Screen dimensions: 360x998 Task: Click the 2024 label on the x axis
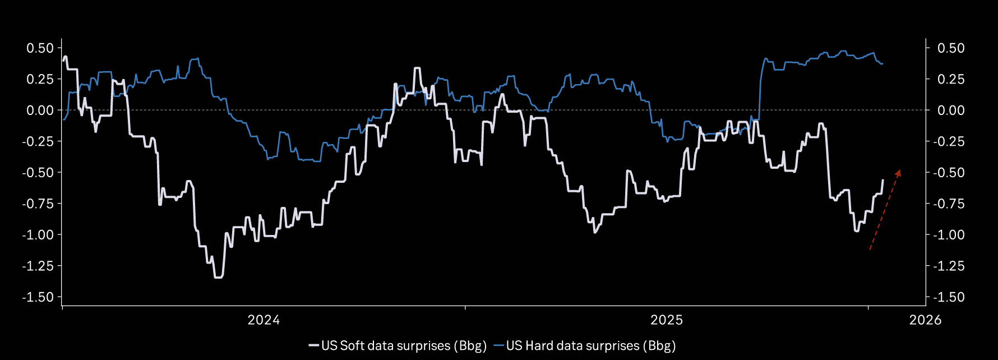coord(264,320)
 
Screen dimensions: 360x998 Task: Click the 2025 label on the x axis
coord(667,320)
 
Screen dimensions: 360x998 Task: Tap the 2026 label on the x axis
coord(925,320)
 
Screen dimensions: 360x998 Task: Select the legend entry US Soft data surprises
coord(404,345)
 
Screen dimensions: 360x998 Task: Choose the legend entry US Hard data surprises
coord(590,345)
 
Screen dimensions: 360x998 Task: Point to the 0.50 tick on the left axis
coord(40,48)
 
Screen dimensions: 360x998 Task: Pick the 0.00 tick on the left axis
coord(40,110)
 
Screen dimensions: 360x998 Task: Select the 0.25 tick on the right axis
coord(951,80)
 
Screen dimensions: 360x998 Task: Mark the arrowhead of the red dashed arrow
coord(899,172)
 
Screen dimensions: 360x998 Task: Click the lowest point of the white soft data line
coord(219,277)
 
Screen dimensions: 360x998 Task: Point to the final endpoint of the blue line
coord(883,64)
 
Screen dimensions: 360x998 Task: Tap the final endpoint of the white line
coord(883,180)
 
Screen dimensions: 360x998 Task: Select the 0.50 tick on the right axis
coord(951,48)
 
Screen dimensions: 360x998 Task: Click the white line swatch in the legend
coord(314,345)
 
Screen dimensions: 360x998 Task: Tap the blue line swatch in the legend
coord(499,345)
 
